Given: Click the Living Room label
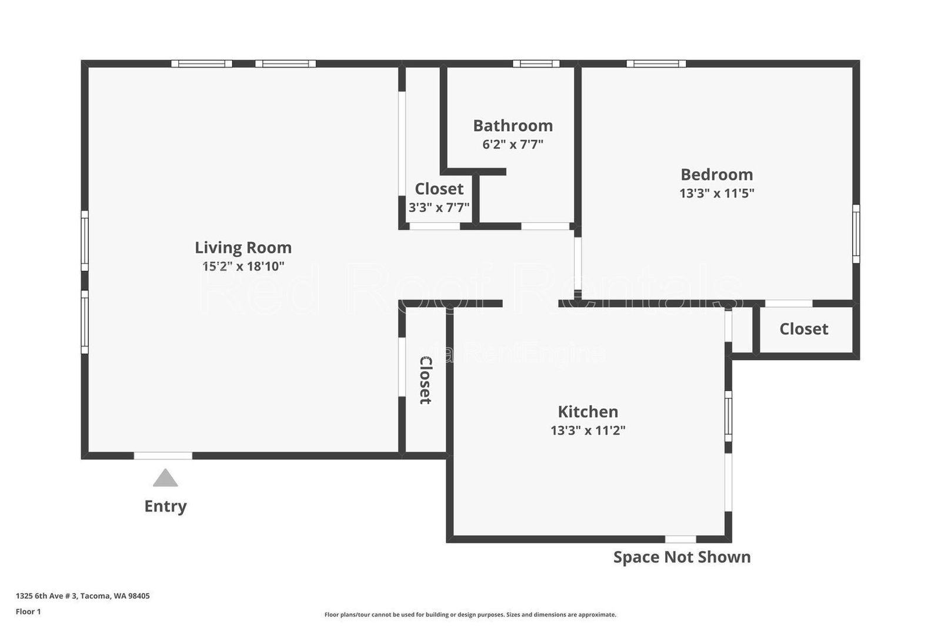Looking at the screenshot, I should click(x=243, y=248).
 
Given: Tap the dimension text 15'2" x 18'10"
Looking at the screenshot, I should click(x=243, y=266).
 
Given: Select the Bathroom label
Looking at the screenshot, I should click(x=513, y=126).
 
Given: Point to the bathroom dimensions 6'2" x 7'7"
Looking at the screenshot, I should click(x=513, y=144).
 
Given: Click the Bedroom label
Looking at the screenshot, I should click(x=716, y=175).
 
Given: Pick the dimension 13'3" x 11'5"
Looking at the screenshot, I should click(x=716, y=193).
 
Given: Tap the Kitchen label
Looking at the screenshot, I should click(x=588, y=412).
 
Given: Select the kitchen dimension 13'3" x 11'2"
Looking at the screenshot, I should click(x=588, y=431).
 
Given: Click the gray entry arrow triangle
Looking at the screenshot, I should click(x=165, y=478).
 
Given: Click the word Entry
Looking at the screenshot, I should click(x=165, y=506).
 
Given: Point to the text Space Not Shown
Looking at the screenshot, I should click(x=682, y=557).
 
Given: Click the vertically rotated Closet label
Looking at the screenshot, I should click(x=425, y=380).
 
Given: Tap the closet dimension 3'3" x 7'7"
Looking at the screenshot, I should click(x=439, y=208).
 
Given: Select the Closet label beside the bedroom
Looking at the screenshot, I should click(x=803, y=329).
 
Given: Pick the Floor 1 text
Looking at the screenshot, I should click(x=28, y=612).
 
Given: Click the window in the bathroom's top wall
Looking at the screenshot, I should click(x=536, y=64).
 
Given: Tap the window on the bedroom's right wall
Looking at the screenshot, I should click(x=856, y=234).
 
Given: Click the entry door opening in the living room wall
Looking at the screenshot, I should click(x=163, y=456).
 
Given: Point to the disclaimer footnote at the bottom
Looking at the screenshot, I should click(x=470, y=615).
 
